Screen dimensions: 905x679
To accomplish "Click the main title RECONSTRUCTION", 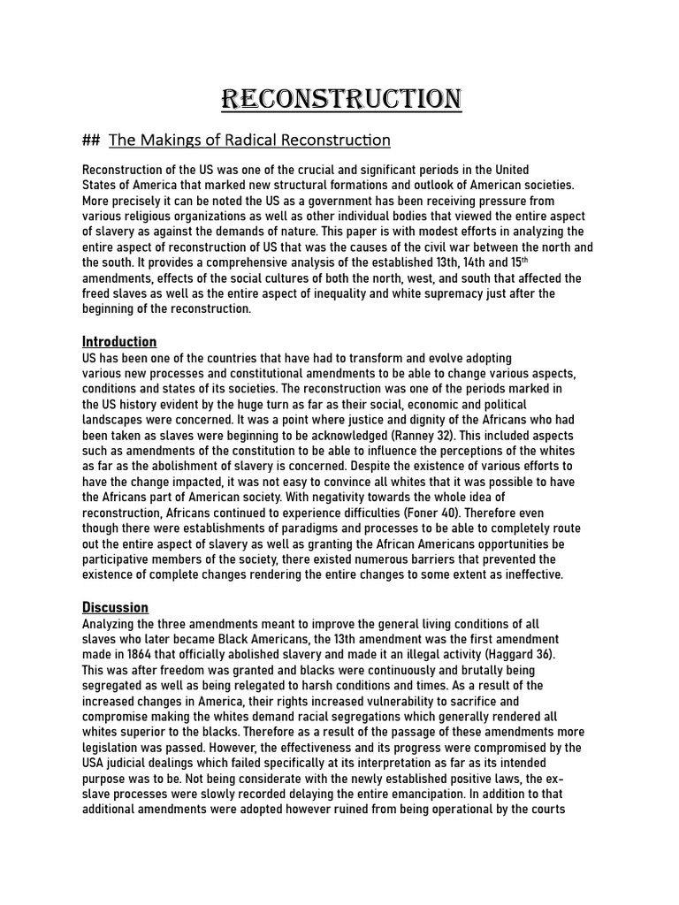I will click(340, 99).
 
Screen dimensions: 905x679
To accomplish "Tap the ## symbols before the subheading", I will click(90, 140).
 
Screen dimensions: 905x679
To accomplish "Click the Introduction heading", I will click(119, 342).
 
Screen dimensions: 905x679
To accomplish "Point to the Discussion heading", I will click(115, 607).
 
